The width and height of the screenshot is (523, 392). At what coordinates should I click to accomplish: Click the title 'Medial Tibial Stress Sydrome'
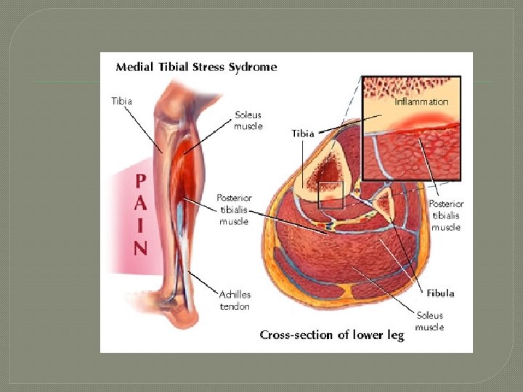click(x=196, y=68)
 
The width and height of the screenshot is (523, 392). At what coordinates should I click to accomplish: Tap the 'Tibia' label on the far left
click(x=122, y=101)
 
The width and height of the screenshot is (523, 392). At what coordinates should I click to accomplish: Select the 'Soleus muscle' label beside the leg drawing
click(x=248, y=121)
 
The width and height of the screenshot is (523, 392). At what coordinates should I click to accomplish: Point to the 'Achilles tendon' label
click(x=235, y=301)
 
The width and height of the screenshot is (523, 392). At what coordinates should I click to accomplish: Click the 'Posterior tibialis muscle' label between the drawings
click(x=234, y=209)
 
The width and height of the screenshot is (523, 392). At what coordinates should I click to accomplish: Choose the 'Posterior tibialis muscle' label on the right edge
click(x=446, y=216)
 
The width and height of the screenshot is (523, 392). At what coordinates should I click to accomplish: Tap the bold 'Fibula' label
click(x=440, y=293)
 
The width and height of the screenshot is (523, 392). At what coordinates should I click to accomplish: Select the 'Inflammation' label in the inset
click(x=421, y=102)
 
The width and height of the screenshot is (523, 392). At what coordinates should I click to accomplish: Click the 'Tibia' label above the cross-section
click(x=303, y=134)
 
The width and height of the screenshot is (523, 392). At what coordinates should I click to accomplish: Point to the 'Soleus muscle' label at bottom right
click(x=429, y=322)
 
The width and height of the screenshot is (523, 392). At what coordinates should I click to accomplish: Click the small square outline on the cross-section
click(x=331, y=195)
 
